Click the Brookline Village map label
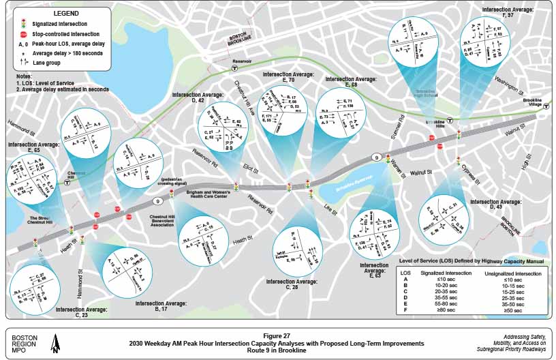point(536,104)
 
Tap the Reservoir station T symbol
point(235,68)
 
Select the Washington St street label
point(510,88)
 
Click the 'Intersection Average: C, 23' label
point(81,312)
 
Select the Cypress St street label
point(471,168)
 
